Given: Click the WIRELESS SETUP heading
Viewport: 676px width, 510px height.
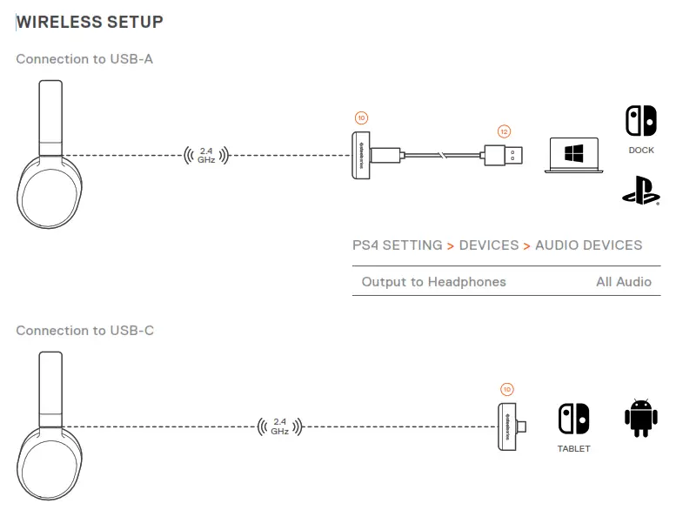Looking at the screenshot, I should [x=90, y=21].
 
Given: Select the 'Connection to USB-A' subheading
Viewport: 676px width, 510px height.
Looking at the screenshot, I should [x=85, y=59].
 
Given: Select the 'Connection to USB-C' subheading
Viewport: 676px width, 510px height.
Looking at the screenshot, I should [x=85, y=331].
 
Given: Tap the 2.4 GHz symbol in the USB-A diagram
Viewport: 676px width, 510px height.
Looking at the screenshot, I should [x=205, y=156].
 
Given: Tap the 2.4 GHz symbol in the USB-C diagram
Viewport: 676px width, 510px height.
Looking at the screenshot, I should [x=279, y=426].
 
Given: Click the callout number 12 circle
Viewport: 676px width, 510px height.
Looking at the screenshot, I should [x=505, y=131].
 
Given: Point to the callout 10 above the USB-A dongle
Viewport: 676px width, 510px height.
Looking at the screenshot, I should [x=361, y=117].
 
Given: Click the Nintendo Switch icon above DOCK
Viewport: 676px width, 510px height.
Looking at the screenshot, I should [x=641, y=122].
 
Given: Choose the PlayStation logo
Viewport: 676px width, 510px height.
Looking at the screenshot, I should [x=641, y=190].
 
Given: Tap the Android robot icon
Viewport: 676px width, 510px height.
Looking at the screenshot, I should [x=640, y=419].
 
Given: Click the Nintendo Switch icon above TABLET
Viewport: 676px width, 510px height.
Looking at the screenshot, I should [x=573, y=419].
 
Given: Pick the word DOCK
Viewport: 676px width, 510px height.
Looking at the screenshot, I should [x=641, y=150].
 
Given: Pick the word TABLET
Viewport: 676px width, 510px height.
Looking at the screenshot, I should [x=573, y=449].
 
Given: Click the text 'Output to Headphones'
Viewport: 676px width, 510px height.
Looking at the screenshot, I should [x=433, y=282].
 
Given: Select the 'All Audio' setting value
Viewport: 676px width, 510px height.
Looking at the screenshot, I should [x=623, y=282].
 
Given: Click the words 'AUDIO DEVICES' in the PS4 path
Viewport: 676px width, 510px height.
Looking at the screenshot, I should [x=588, y=245].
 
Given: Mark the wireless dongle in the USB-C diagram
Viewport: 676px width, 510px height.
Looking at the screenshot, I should [x=510, y=426].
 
